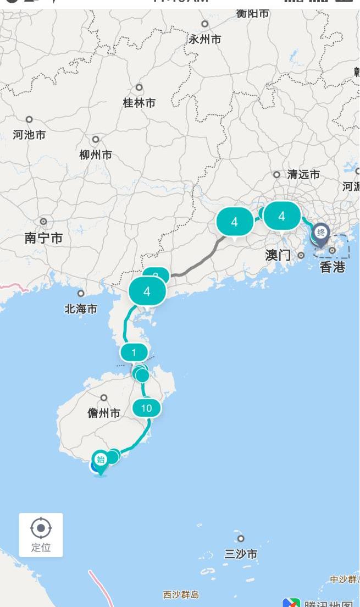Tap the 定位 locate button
pos(41,534)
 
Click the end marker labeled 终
pos(321,233)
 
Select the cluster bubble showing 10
pos(146,408)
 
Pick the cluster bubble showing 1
pos(134,352)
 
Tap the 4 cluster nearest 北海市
pos(147,291)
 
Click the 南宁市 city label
pos(43,238)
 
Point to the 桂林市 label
pos(139,103)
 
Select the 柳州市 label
pos(96,155)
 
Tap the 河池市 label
pos(29,135)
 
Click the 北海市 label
pos(81,309)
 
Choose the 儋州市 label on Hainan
pos(104,413)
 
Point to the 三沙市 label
pos(241,554)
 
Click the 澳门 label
pos(278,255)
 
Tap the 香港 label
pos(333,267)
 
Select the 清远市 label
pos(303,175)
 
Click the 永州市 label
pos(205,40)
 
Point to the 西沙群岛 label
pos(181,594)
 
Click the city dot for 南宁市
pos(43,221)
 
